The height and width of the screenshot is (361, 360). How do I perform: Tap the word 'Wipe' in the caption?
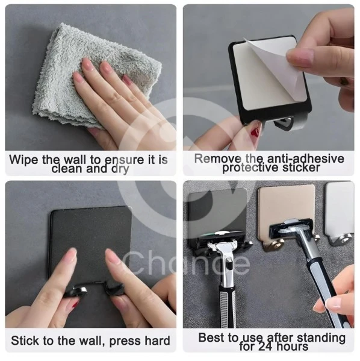point(23,160)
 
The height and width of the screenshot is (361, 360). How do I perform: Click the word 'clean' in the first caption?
point(67,169)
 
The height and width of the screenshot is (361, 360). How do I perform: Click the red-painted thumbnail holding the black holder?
point(256,131)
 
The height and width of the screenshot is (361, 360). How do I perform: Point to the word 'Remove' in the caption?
point(218,159)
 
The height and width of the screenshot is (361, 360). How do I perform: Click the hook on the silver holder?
point(341,240)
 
